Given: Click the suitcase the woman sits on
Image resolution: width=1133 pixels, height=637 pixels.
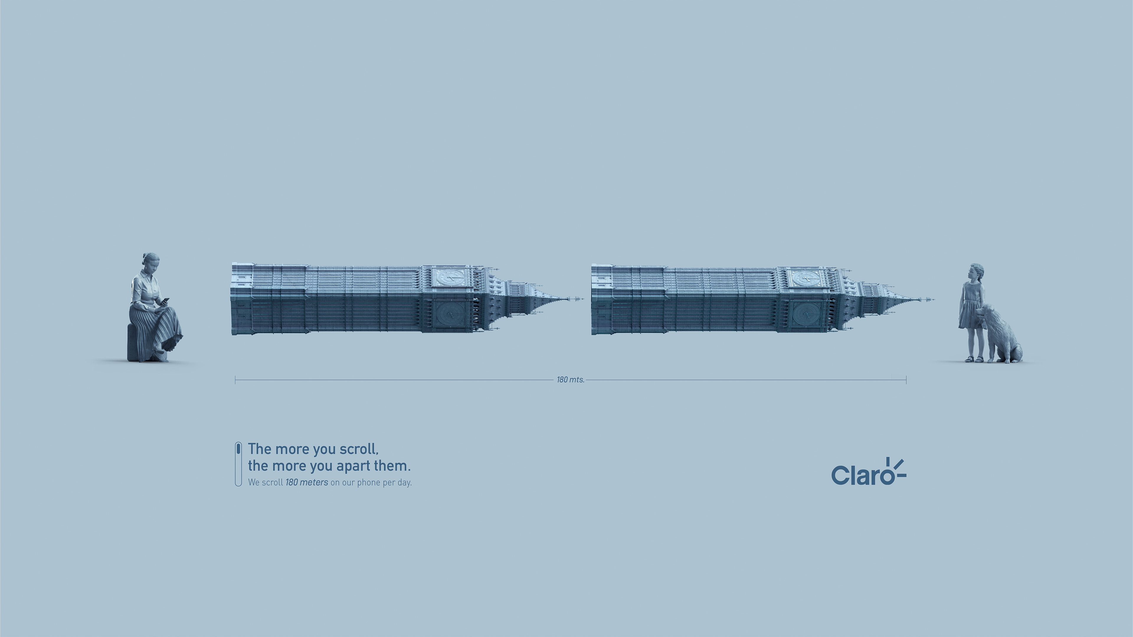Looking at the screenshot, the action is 134,349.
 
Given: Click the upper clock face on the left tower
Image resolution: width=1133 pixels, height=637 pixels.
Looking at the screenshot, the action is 450,277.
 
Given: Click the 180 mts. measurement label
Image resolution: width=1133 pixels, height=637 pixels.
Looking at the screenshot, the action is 570,380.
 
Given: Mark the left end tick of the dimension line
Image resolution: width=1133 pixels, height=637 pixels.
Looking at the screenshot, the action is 236,380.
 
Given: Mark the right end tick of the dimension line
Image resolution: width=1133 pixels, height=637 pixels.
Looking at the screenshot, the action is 906,380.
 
